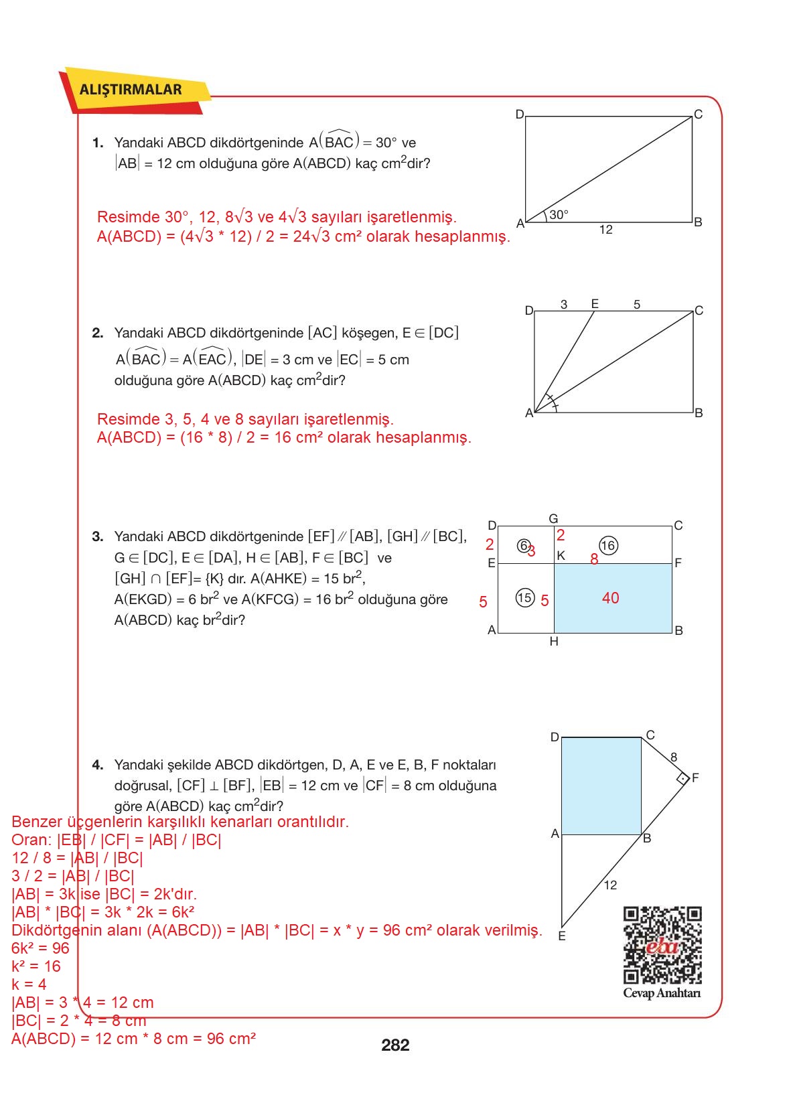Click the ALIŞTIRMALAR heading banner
coord(131,90)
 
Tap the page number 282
coord(394,1045)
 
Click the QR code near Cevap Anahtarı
coord(662,945)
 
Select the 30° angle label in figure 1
coord(559,215)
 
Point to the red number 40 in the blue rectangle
coord(610,598)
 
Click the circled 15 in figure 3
coord(524,597)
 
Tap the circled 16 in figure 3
coord(607,546)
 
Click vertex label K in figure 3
coord(561,555)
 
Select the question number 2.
coord(98,333)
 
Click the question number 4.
coord(98,765)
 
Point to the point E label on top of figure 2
coord(595,304)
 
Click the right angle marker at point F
coord(682,779)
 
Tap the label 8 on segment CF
coord(674,757)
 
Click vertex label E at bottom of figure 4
coord(562,936)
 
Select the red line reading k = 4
coord(29,984)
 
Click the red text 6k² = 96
coord(40,948)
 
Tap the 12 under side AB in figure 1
coord(605,230)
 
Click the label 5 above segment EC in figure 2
coord(637,305)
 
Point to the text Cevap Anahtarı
coord(662,993)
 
